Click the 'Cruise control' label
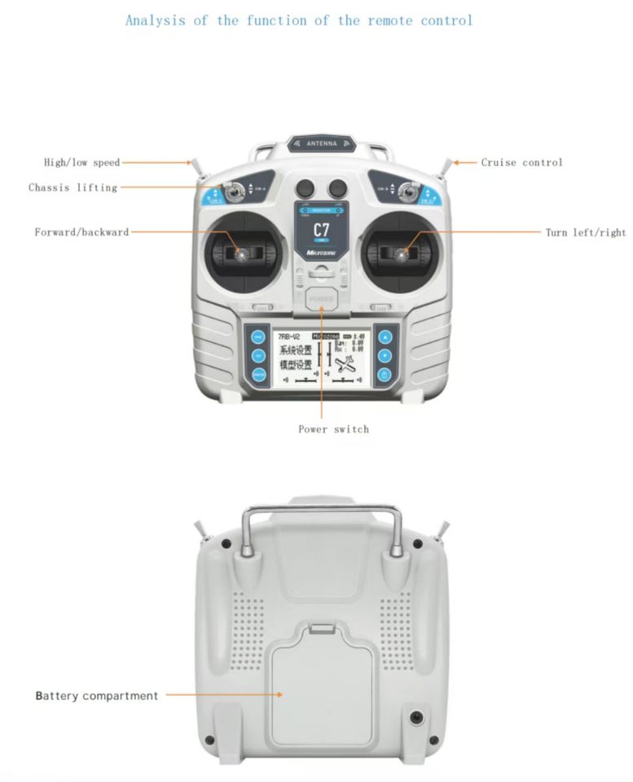click(x=521, y=162)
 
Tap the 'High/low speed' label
click(x=81, y=162)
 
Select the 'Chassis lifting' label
click(x=73, y=187)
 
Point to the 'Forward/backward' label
click(x=81, y=232)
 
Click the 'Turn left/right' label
click(x=585, y=232)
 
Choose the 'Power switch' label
click(x=333, y=428)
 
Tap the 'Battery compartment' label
click(x=96, y=696)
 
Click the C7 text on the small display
click(x=321, y=230)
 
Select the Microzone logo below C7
click(x=321, y=253)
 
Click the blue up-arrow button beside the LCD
click(x=385, y=336)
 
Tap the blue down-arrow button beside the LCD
click(x=385, y=356)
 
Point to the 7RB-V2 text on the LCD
click(x=288, y=336)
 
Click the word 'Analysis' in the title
click(x=156, y=20)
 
